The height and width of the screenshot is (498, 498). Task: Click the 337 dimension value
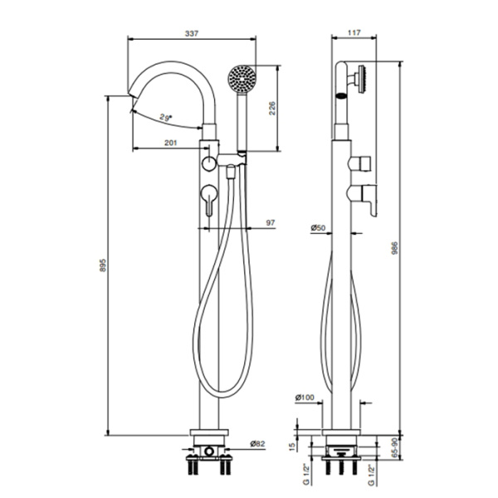[192, 33]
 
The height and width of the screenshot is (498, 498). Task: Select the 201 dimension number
[169, 144]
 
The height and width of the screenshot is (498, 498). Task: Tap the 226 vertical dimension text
[271, 109]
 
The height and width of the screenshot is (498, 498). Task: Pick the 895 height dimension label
[102, 266]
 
